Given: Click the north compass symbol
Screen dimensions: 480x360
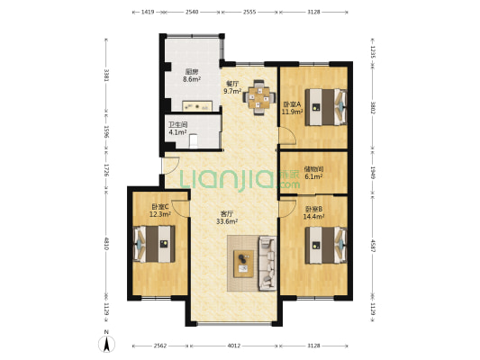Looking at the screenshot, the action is click(x=106, y=344).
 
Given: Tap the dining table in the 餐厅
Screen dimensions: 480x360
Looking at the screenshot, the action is click(x=259, y=97).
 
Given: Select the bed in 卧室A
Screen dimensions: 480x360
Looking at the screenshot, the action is click(x=326, y=107).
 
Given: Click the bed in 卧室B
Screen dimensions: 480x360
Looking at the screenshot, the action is click(x=326, y=245).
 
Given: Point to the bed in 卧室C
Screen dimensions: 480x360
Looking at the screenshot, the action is click(x=154, y=244).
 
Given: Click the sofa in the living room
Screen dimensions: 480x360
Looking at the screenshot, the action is click(x=267, y=263).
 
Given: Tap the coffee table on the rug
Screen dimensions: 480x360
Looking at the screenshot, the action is click(x=244, y=264).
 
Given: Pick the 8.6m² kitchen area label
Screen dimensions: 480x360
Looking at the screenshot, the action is click(x=192, y=79).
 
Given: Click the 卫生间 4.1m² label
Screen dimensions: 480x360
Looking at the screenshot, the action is click(x=177, y=129).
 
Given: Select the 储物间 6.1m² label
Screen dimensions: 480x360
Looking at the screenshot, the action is click(x=313, y=173).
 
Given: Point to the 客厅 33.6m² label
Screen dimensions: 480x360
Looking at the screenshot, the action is click(x=227, y=218).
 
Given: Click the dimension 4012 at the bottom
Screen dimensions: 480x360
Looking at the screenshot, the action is click(x=234, y=346).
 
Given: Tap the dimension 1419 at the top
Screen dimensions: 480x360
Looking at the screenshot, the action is click(x=148, y=13).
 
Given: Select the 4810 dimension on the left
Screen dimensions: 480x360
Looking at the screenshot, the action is click(x=106, y=243).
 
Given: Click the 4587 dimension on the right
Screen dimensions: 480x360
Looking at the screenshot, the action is click(x=373, y=246).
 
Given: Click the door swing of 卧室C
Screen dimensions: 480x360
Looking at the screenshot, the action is click(x=181, y=209).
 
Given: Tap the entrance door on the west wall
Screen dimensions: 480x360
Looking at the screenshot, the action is click(x=170, y=166).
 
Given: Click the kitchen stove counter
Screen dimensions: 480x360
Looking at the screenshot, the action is click(x=197, y=106).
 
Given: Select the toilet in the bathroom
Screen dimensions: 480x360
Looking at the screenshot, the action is click(x=194, y=141).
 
